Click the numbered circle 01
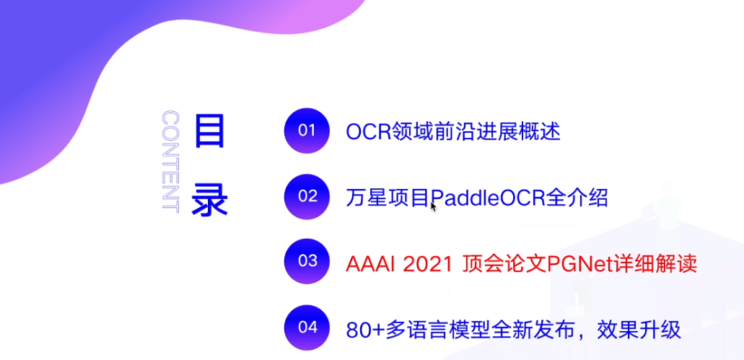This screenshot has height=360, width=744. (x=307, y=131)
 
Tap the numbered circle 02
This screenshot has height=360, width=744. (x=307, y=196)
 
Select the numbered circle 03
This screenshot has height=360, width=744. (x=307, y=261)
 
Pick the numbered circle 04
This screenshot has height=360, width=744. (x=307, y=327)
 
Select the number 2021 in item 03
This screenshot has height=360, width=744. (x=424, y=263)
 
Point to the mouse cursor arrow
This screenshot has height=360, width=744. (x=433, y=206)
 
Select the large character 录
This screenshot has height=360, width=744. (x=209, y=197)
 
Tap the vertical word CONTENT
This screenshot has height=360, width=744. (x=170, y=162)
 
